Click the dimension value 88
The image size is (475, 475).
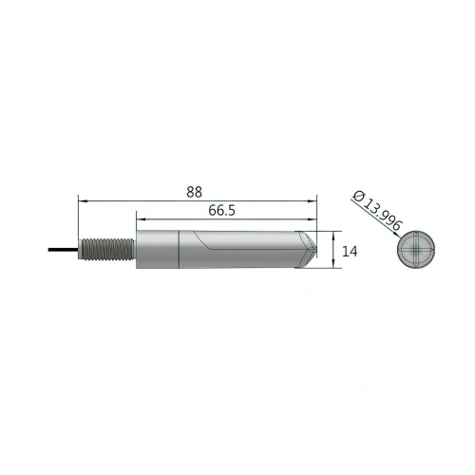click(195, 191)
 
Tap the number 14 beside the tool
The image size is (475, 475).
click(351, 252)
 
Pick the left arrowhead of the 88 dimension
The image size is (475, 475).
click(82, 200)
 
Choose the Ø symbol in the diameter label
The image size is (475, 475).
click(358, 194)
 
